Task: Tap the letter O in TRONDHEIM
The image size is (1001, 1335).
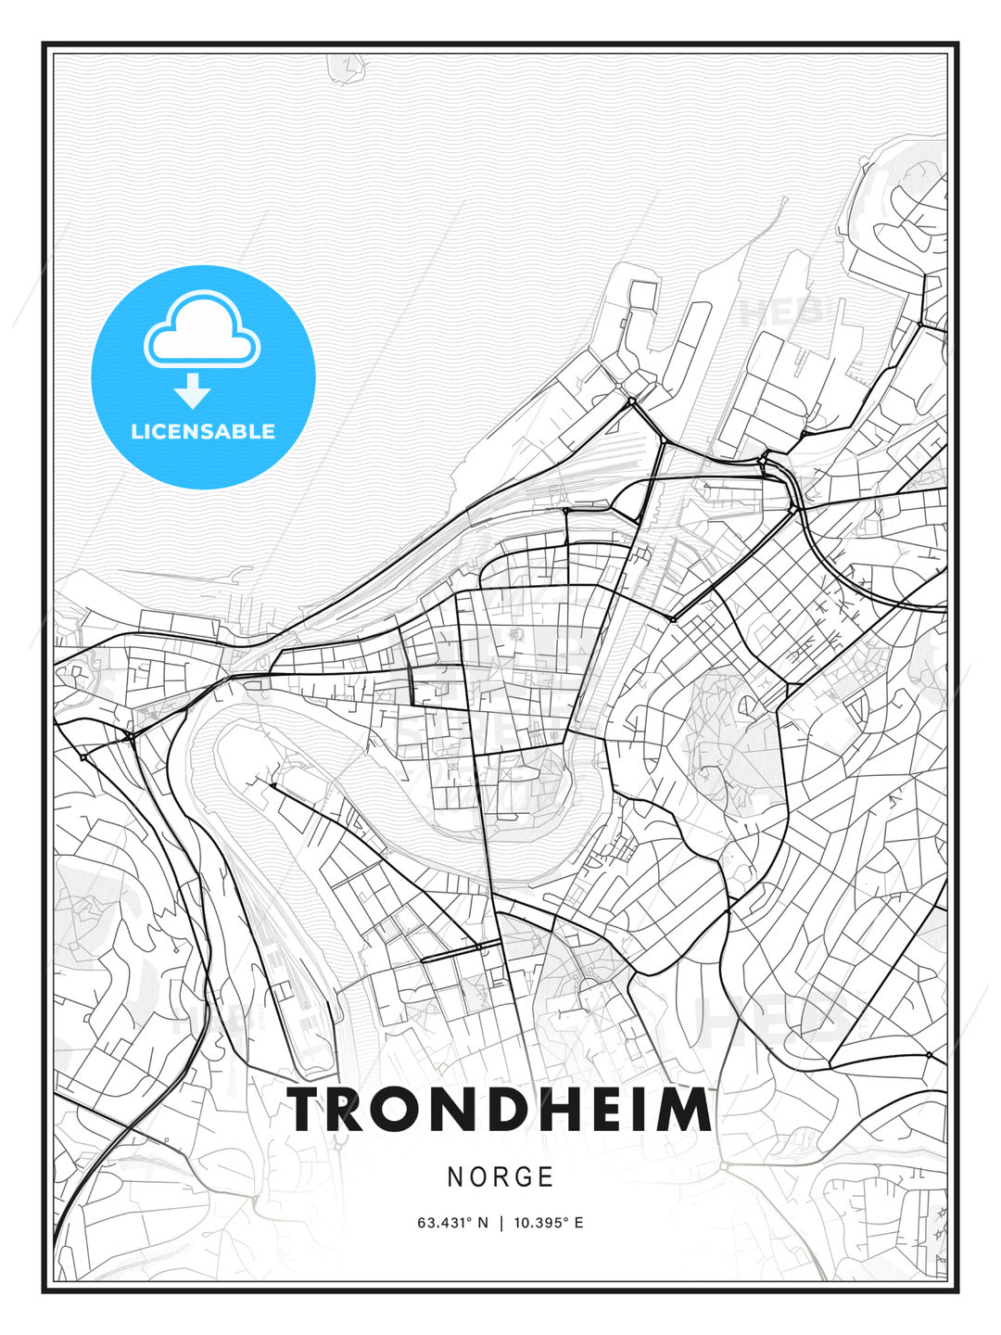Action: click(x=413, y=1110)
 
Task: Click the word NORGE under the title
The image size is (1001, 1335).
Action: click(x=500, y=1176)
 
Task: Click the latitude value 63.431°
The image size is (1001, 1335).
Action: click(x=446, y=1223)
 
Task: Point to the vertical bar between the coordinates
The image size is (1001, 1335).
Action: click(x=501, y=1223)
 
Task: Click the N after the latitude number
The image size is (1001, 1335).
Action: click(x=482, y=1223)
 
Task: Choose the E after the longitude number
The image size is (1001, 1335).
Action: click(x=578, y=1223)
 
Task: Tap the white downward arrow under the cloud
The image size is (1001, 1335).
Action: click(x=193, y=391)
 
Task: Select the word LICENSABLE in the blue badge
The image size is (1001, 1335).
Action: click(x=203, y=431)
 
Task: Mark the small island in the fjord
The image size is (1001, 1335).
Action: click(x=345, y=67)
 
